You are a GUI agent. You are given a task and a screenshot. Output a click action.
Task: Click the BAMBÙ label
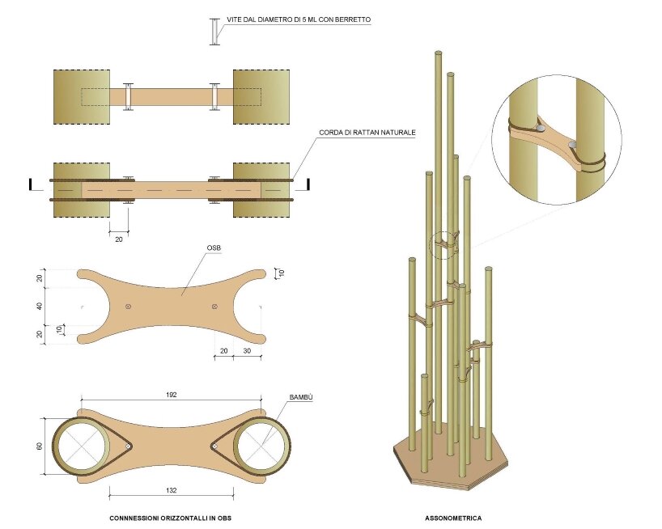(x=301, y=398)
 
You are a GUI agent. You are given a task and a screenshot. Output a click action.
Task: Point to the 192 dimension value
(x=172, y=395)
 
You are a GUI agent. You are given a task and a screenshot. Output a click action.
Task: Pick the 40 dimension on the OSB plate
(x=40, y=306)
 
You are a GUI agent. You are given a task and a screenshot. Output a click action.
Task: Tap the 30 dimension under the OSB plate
(x=246, y=351)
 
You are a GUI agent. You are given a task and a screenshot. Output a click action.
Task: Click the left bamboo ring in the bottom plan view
(x=82, y=446)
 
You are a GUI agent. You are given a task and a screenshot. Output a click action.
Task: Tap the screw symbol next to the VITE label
(x=214, y=32)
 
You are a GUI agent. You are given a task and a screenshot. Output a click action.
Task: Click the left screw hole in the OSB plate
(x=129, y=306)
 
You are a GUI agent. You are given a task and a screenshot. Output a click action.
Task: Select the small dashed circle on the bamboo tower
(x=443, y=244)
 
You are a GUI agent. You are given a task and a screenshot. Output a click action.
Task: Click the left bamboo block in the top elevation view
(x=81, y=97)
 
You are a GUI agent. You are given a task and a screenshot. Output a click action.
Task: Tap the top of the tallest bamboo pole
(x=438, y=53)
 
